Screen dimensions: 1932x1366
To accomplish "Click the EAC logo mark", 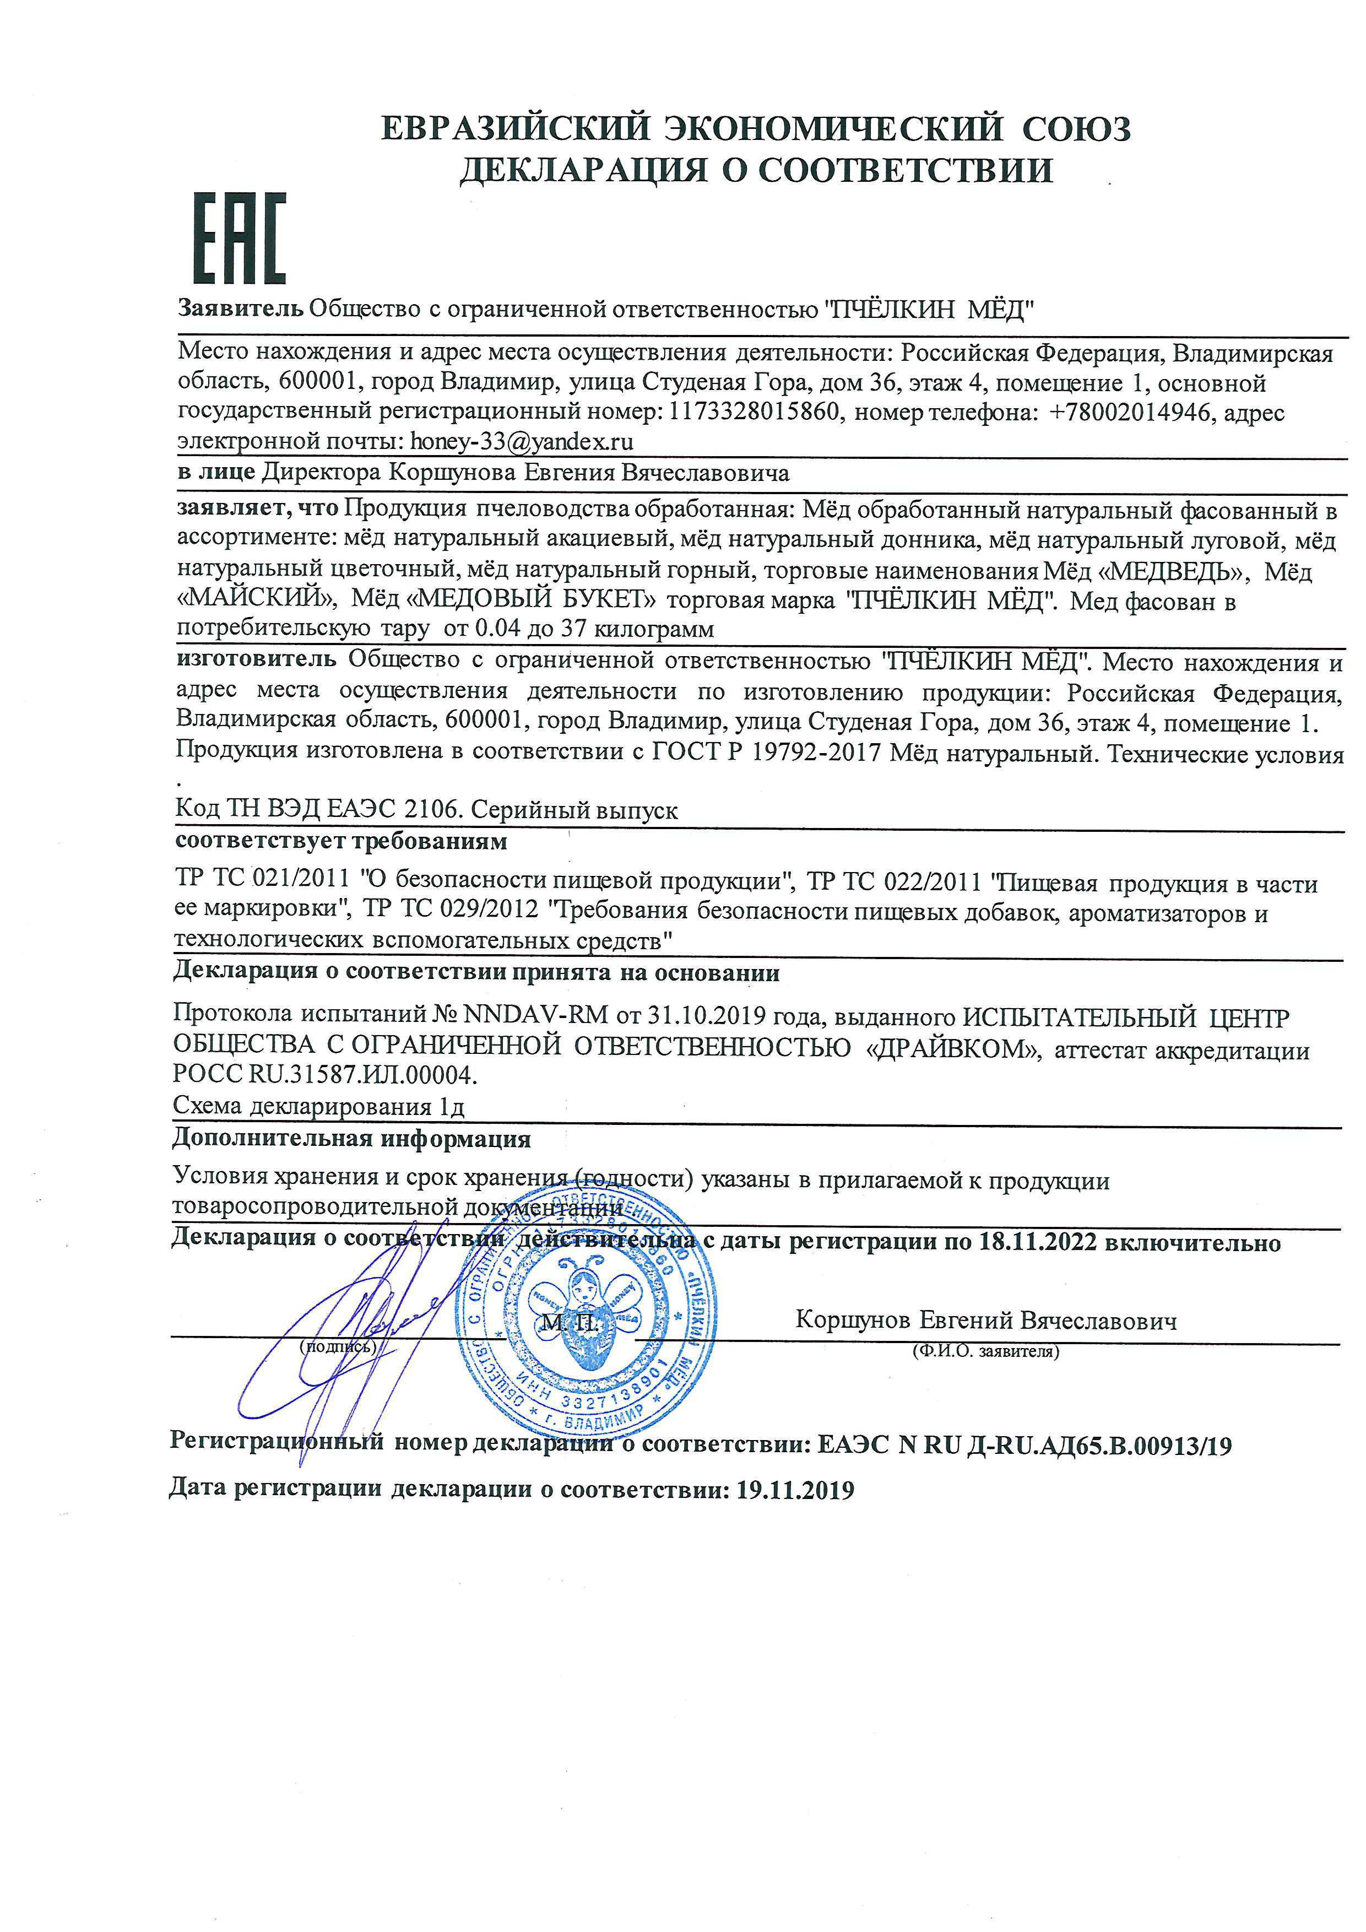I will pos(240,238).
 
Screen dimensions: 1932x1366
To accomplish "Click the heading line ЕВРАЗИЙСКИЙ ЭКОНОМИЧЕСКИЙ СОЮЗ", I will pos(755,129).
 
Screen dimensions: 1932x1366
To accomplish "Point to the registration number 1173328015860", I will pos(755,412).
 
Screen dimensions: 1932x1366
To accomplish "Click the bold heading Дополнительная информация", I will pos(351,1139).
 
